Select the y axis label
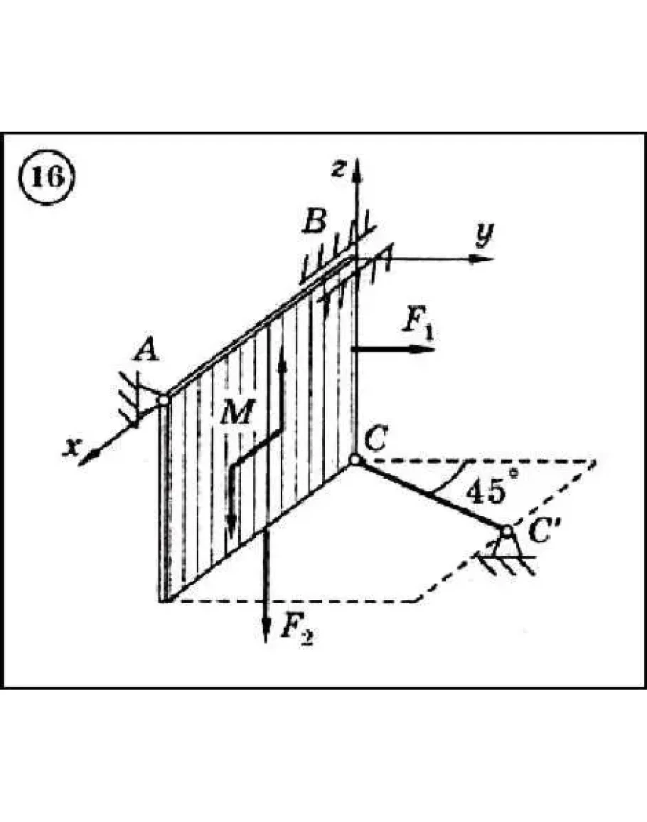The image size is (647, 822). (485, 233)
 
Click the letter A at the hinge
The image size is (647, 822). (148, 352)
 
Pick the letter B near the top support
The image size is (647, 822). (314, 222)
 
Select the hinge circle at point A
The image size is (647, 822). (164, 401)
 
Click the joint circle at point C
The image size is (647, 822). (355, 461)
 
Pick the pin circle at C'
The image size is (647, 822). (506, 532)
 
